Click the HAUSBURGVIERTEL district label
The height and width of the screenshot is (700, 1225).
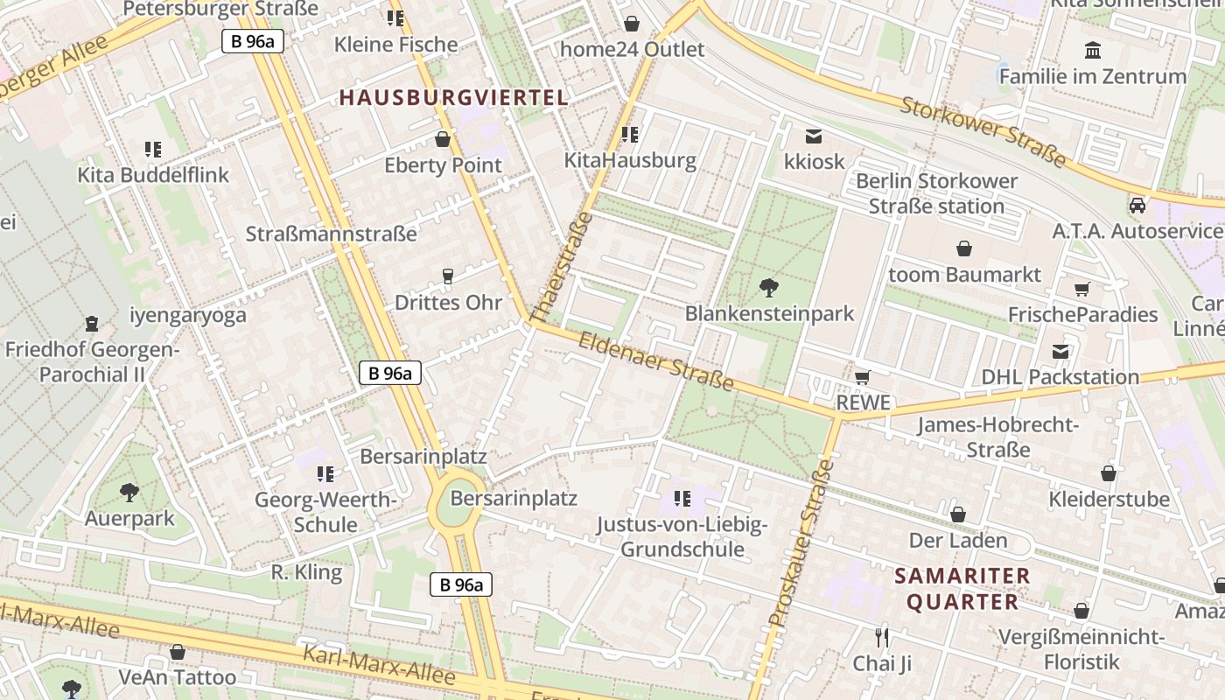[453, 97]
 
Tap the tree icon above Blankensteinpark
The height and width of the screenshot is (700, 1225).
[769, 285]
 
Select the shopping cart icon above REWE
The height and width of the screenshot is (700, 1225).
[863, 377]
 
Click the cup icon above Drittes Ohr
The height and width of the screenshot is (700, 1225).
[448, 276]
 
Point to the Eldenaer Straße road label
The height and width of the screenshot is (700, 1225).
[655, 361]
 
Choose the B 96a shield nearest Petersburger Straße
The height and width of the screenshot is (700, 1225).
[252, 40]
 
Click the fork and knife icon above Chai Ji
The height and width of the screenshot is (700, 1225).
[882, 636]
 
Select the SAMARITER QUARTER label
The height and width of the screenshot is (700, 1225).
[962, 589]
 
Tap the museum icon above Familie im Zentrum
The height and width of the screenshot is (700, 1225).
[1092, 49]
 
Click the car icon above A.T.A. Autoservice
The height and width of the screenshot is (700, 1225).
[1137, 206]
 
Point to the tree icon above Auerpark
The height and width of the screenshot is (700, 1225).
[129, 492]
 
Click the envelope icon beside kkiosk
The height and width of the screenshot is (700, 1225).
[814, 136]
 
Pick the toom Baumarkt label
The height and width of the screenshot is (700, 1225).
[964, 275]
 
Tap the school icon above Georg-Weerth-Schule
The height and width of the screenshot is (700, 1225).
[325, 474]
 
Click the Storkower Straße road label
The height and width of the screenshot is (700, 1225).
[983, 132]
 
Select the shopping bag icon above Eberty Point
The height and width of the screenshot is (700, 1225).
[443, 139]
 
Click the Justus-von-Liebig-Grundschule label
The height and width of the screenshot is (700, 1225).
[682, 537]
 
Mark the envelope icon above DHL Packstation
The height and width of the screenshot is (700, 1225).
[1060, 352]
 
